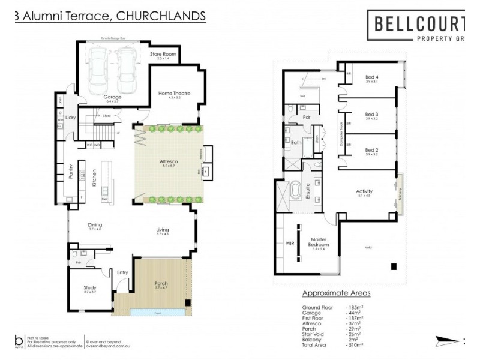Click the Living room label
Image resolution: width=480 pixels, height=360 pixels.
click(163, 230)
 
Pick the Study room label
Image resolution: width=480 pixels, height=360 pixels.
click(89, 287)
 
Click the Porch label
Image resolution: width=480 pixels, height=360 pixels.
click(161, 284)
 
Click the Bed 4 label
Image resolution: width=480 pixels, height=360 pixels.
click(372, 77)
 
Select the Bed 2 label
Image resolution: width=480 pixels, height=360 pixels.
click(372, 150)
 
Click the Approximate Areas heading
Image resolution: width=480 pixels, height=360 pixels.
click(335, 293)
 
